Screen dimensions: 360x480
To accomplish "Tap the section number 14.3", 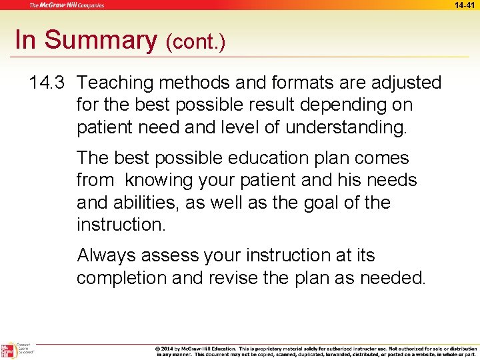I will (47, 83).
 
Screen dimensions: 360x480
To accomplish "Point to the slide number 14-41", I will (465, 5).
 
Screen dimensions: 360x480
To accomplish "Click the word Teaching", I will (117, 83).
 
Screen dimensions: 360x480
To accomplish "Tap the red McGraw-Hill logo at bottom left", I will (8, 351).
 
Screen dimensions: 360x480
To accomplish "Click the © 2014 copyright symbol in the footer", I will (159, 348).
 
